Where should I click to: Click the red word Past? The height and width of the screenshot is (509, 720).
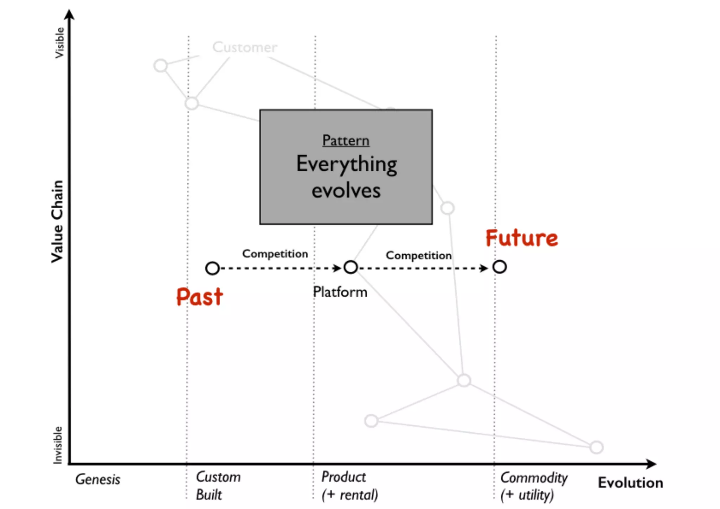(199, 297)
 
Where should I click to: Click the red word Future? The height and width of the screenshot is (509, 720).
(521, 238)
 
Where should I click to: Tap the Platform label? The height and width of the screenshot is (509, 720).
(340, 292)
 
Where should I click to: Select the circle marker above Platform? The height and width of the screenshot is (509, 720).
(351, 267)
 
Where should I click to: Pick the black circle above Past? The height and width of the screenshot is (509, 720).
(212, 268)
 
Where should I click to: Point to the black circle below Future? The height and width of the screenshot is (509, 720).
(499, 267)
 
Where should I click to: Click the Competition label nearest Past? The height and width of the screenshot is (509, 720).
(275, 254)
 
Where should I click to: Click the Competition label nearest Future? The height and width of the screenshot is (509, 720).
(418, 255)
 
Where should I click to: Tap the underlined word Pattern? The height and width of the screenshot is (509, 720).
(346, 141)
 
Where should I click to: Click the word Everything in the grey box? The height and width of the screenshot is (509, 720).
(346, 164)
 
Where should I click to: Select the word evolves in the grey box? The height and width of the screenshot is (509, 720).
(346, 191)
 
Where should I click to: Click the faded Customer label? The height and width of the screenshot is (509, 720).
(245, 47)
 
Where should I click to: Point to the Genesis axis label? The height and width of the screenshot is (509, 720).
(98, 479)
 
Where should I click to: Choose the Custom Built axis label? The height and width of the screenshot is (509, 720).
(218, 486)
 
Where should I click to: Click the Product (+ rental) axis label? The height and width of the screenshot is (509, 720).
(349, 486)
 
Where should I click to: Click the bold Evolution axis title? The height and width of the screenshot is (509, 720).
(630, 483)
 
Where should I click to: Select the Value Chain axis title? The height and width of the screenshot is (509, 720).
(57, 222)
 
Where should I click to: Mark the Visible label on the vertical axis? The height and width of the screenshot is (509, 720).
(59, 43)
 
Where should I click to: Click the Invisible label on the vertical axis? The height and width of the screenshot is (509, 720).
(58, 445)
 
